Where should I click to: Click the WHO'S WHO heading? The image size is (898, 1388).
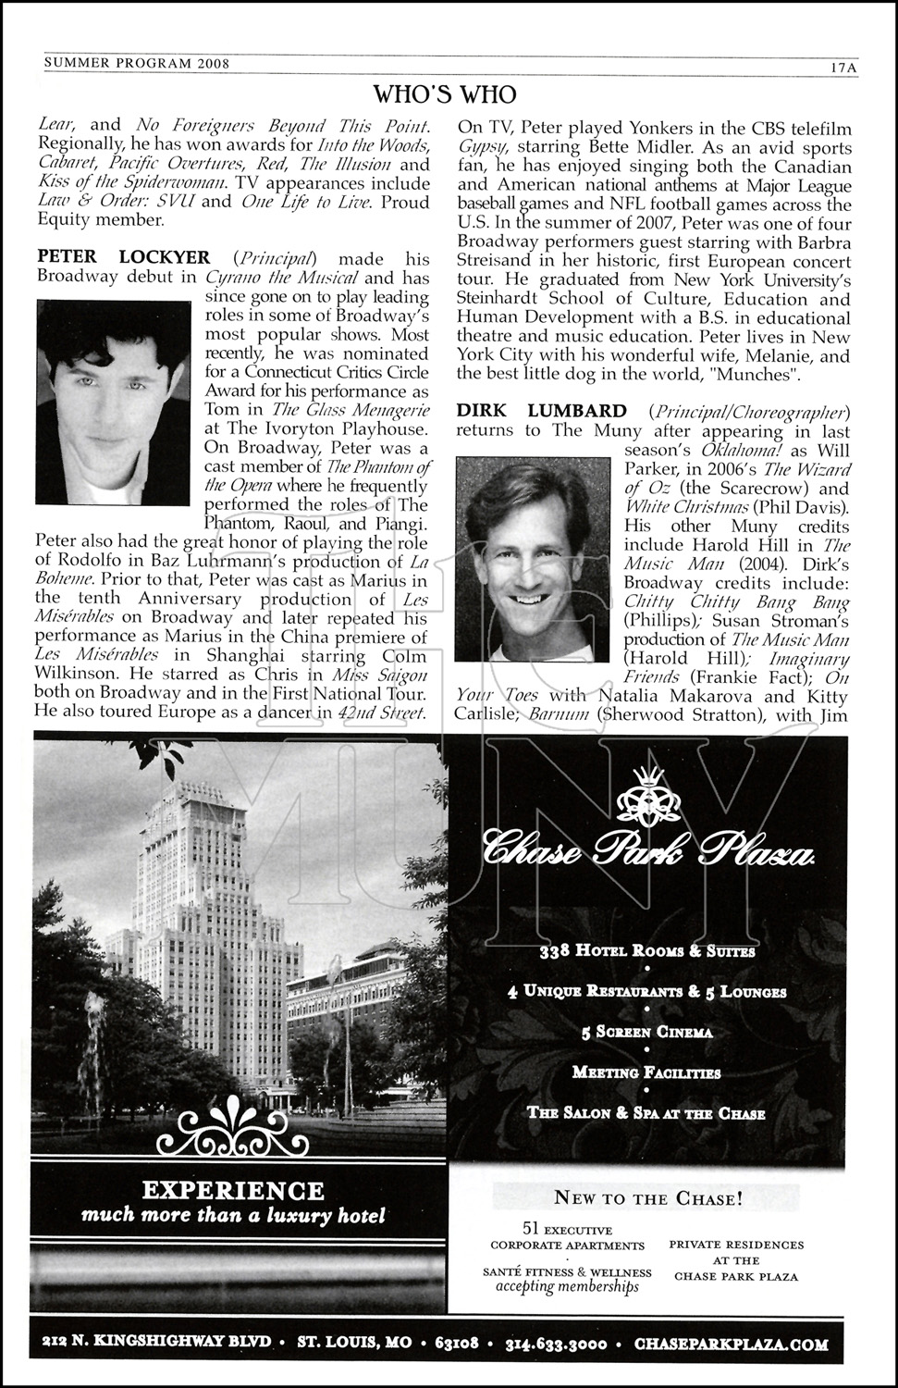point(444,94)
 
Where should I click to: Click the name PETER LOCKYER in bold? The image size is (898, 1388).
point(123,257)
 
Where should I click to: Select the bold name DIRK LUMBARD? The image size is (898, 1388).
point(541,411)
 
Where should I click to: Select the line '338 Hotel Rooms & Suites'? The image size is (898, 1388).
point(646,951)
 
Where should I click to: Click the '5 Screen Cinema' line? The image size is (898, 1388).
point(646,1033)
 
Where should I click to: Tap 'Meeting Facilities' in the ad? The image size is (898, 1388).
point(646,1073)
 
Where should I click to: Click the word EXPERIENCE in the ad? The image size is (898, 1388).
point(232,1190)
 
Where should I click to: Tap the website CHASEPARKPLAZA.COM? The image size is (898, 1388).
point(724,1343)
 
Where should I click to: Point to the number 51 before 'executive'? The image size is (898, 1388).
point(531,1229)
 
